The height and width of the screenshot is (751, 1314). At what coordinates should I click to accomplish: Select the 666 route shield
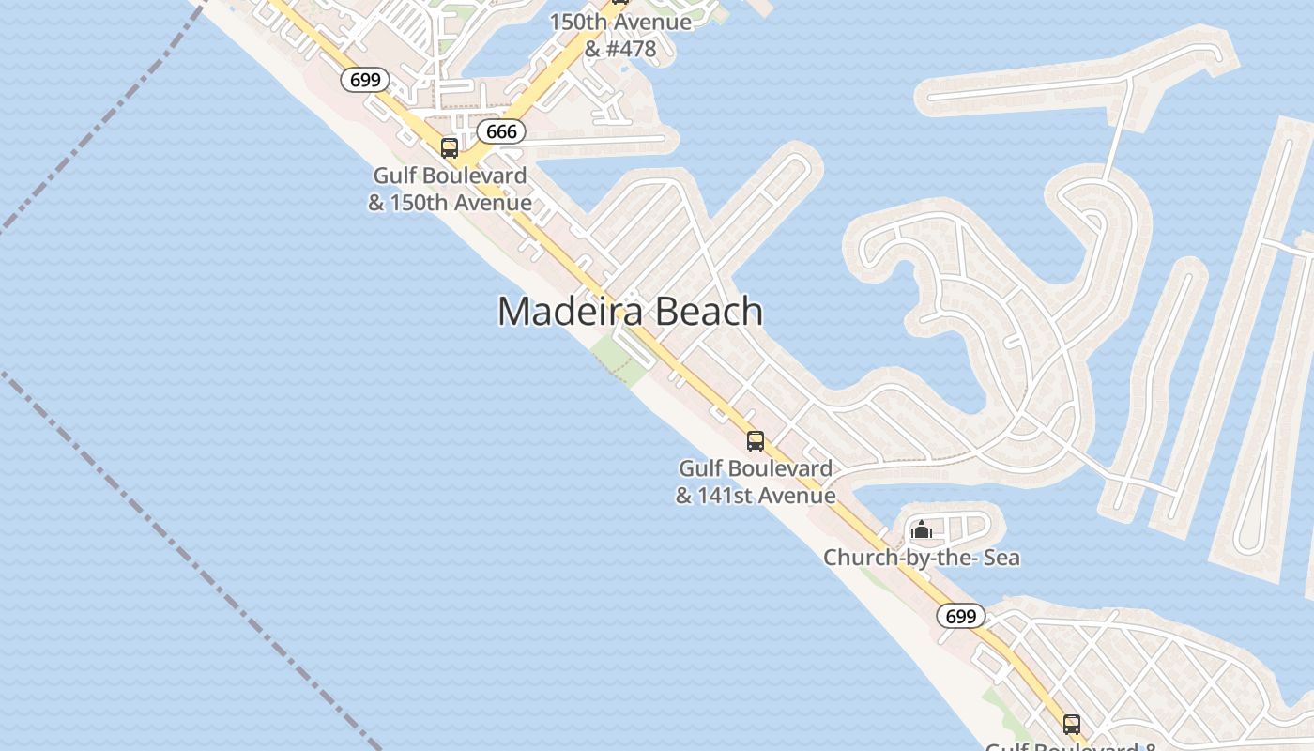501,131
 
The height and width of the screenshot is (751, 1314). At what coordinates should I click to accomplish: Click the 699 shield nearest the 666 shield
364,80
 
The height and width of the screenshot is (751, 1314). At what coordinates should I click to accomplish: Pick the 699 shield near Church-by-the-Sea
960,616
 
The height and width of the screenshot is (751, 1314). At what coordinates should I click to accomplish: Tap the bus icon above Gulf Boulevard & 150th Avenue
450,148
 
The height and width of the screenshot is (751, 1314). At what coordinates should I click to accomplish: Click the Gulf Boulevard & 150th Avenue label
450,189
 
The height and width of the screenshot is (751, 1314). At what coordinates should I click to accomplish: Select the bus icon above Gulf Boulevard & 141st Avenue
756,440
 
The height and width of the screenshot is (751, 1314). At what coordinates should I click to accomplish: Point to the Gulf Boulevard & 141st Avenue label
756,482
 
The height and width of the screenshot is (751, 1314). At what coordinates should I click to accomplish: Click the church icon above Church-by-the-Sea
922,530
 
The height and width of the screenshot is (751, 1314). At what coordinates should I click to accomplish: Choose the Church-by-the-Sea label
921,558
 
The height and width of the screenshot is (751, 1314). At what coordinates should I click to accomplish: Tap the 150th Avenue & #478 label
619,35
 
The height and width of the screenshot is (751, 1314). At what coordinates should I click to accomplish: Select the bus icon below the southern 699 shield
1072,724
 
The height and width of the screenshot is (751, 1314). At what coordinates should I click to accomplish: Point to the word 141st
727,496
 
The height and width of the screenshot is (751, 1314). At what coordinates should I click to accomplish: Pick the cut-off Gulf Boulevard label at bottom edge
1070,745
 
